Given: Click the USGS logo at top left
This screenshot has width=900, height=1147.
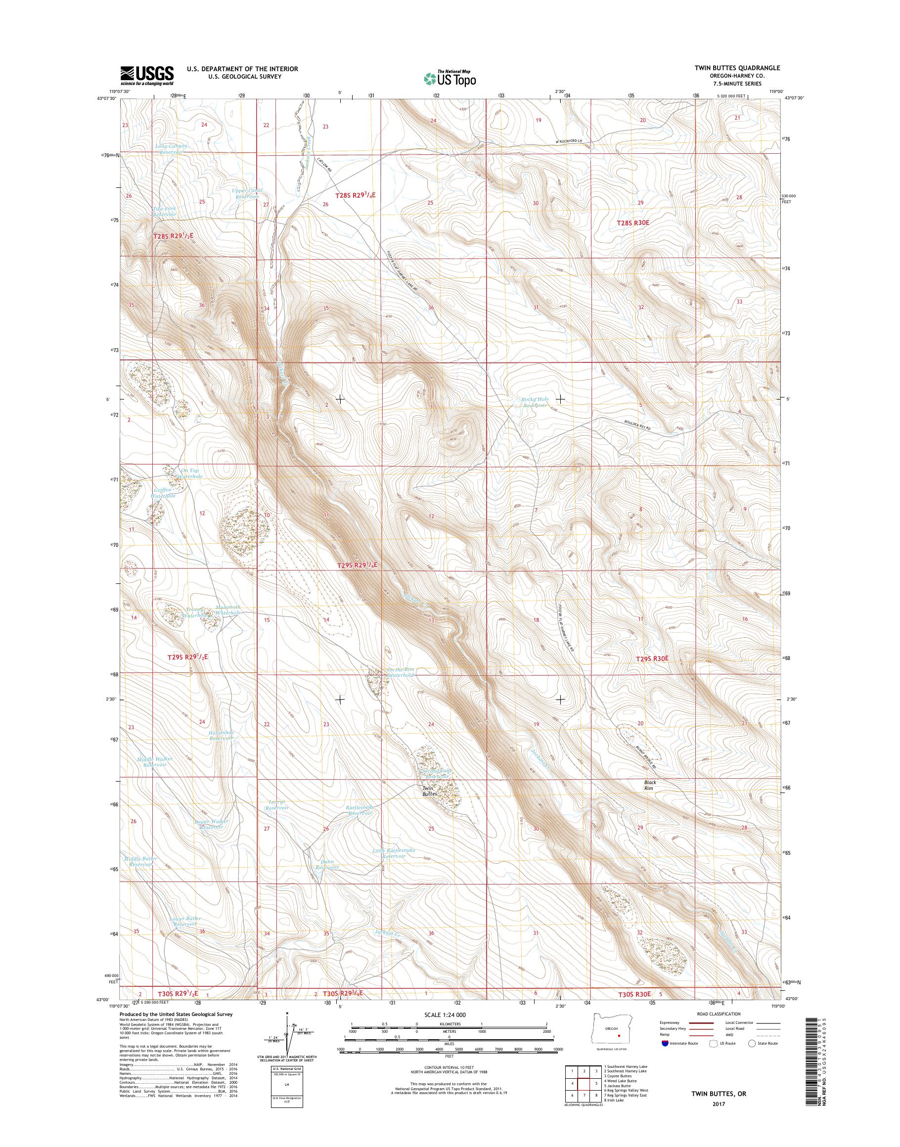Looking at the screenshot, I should [147, 75].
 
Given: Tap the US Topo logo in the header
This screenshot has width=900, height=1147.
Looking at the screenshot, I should [450, 78].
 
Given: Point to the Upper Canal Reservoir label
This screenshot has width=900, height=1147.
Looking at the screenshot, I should [247, 193].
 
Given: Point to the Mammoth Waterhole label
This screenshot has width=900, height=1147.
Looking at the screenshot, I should [227, 610].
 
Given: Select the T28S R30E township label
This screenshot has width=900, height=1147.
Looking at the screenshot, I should [633, 223].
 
